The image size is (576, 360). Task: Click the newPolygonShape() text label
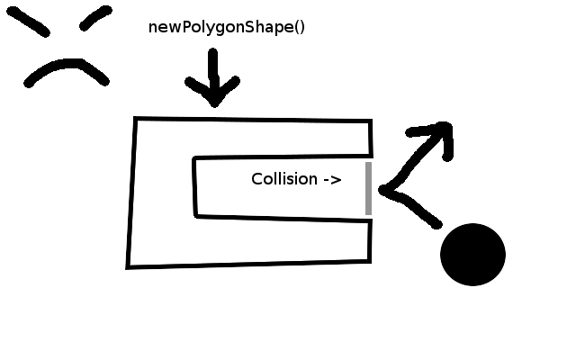227,28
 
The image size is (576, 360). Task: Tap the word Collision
284,179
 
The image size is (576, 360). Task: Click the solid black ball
472,254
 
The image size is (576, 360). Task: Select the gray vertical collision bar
368,188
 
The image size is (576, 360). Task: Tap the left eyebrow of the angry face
28,22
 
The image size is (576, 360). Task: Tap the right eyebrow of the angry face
95,18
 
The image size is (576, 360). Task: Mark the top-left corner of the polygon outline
135,119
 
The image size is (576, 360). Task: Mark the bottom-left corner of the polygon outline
128,267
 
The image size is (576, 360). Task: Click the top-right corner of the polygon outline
371,121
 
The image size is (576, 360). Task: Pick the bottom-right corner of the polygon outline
370,261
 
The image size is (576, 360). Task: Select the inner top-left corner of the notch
194,158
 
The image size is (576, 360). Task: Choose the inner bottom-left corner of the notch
196,216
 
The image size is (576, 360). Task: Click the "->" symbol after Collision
333,180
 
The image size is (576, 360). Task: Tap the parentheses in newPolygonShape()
300,28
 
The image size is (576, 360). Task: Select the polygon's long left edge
131,193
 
